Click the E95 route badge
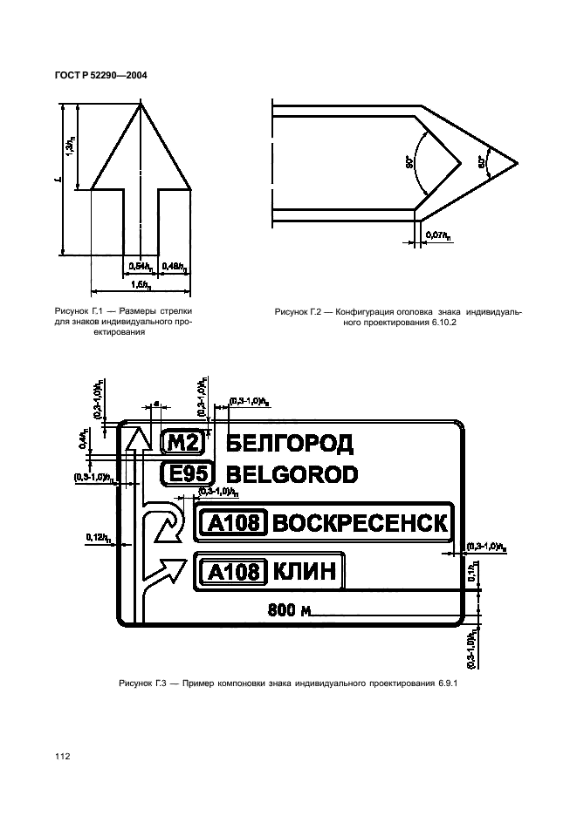[x=184, y=475]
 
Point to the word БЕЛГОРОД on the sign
[x=289, y=445]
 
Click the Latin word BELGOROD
[x=292, y=475]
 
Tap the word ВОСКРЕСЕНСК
[x=361, y=523]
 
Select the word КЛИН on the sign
[x=304, y=572]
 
